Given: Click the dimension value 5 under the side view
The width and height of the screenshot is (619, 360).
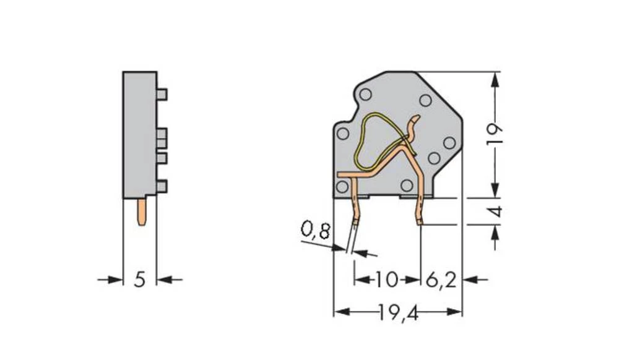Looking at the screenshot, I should point(140,280).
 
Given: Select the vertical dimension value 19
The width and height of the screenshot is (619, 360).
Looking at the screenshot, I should point(495,134).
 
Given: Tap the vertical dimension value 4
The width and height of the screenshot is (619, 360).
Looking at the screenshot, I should point(495,212).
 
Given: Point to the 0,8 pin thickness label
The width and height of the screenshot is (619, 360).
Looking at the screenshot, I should point(316,232).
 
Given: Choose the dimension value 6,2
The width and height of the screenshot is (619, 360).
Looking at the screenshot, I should point(441,280).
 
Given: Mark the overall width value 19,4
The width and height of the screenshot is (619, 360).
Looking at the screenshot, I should point(398,314).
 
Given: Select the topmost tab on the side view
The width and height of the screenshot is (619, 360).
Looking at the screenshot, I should point(162,94).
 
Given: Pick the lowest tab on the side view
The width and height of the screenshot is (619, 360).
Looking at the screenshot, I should point(162,185).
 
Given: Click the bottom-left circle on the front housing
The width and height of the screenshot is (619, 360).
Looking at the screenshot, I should point(342,186).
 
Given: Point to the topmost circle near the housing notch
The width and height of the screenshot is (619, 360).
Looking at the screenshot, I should point(366,95).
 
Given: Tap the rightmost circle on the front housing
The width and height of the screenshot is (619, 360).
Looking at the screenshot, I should point(449,143).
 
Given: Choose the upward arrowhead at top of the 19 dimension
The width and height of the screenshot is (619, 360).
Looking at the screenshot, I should point(495,78).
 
